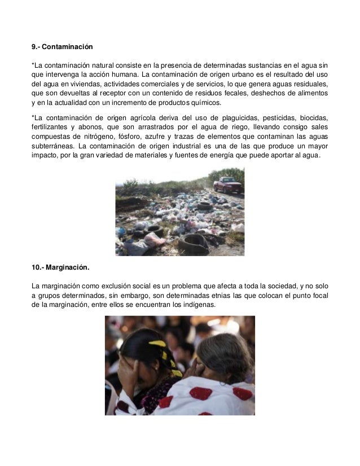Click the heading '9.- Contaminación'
coord(62,45)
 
